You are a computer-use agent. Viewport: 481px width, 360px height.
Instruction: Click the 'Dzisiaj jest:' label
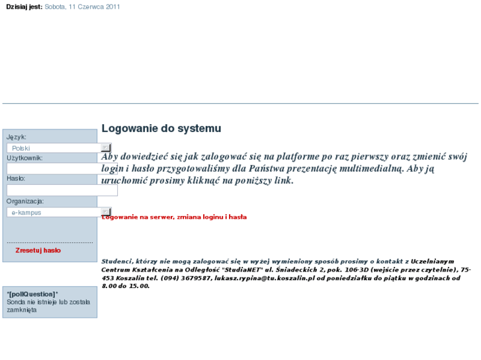point(24,7)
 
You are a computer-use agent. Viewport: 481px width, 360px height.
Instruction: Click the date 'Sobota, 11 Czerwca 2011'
point(83,7)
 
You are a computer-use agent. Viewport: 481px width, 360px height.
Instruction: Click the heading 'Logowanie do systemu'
point(161,129)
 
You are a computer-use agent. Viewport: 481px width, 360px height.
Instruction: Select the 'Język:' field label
point(17,137)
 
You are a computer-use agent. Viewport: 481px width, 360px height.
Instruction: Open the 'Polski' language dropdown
point(56,148)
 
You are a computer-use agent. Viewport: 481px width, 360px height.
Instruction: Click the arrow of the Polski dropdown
point(106,148)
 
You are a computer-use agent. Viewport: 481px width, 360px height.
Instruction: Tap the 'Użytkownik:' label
point(24,158)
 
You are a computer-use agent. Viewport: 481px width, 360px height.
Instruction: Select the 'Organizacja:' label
point(25,201)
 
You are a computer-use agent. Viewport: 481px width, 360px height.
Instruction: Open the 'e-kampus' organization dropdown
point(56,212)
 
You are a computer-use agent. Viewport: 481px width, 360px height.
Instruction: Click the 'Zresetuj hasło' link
point(38,250)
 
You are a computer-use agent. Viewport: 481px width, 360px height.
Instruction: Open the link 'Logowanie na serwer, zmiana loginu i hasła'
point(174,217)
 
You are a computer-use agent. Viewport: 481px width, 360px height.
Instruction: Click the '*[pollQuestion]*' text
point(32,294)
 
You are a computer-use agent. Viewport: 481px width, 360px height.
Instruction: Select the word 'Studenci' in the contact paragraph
point(117,261)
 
